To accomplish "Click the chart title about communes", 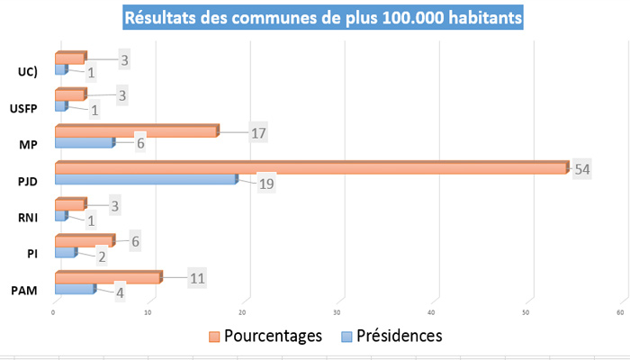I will point(322,17).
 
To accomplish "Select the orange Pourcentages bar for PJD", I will point(310,167).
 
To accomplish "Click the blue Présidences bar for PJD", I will point(144,179).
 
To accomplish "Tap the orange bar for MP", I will point(135,132).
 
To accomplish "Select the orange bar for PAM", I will point(107,278).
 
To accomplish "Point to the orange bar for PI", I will point(84,241).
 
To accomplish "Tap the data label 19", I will point(265,184).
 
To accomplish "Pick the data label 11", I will point(199,277).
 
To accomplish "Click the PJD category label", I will point(28,181).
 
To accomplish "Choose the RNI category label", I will point(28,217).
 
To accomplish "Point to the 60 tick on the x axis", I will point(620,312).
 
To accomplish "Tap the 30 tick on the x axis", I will point(336,312).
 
